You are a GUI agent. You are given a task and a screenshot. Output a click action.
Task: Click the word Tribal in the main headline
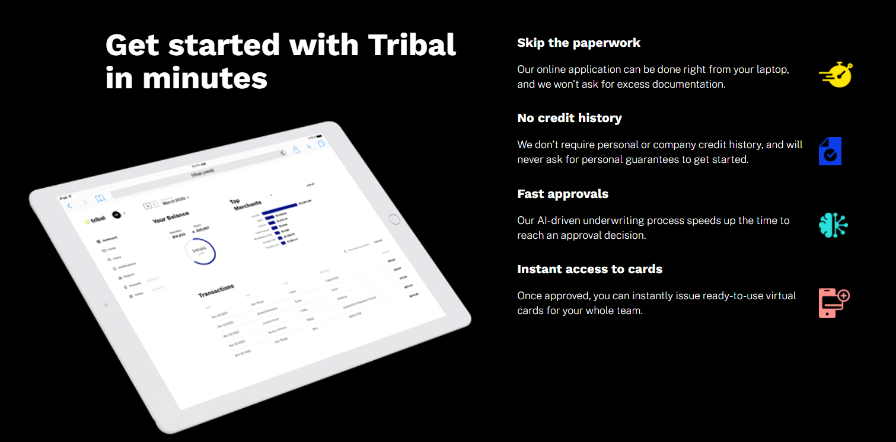tap(412, 45)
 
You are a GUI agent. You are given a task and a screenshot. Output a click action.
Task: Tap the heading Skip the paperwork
tap(578, 43)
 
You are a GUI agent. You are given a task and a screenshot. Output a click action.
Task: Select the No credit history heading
tap(569, 118)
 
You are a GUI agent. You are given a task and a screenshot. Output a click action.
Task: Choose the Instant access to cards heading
tap(589, 269)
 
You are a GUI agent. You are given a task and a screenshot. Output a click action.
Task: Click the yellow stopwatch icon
tap(836, 75)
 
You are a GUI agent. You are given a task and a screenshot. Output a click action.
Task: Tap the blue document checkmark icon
tap(830, 152)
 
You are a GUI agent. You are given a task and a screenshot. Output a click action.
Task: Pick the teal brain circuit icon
tap(833, 226)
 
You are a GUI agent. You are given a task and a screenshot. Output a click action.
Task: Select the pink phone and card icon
tap(833, 303)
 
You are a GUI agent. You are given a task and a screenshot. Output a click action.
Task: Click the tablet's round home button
tap(394, 219)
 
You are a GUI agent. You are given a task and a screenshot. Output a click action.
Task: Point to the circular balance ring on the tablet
tap(200, 252)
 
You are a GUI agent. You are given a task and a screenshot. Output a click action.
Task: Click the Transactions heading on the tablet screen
tap(216, 290)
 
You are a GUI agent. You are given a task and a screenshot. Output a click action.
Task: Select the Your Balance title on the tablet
tap(171, 217)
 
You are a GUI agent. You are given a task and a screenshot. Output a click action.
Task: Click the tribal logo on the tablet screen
tap(95, 220)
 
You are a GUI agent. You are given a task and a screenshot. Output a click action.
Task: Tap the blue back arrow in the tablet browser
tap(69, 206)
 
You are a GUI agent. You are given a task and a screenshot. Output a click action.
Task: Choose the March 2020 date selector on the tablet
tap(175, 201)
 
